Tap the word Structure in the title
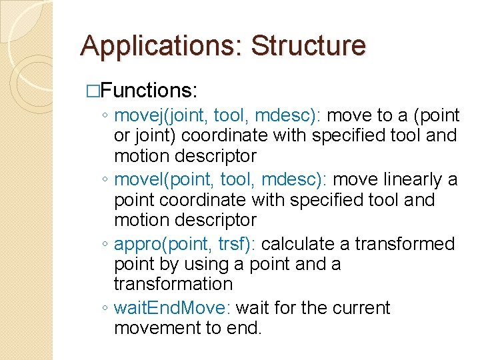pos(308,45)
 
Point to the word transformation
pos(173,284)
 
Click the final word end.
pos(245,328)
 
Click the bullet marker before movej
pos(106,117)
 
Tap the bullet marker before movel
pos(106,181)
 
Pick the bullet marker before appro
pos(106,245)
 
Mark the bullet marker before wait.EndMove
pos(106,309)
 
